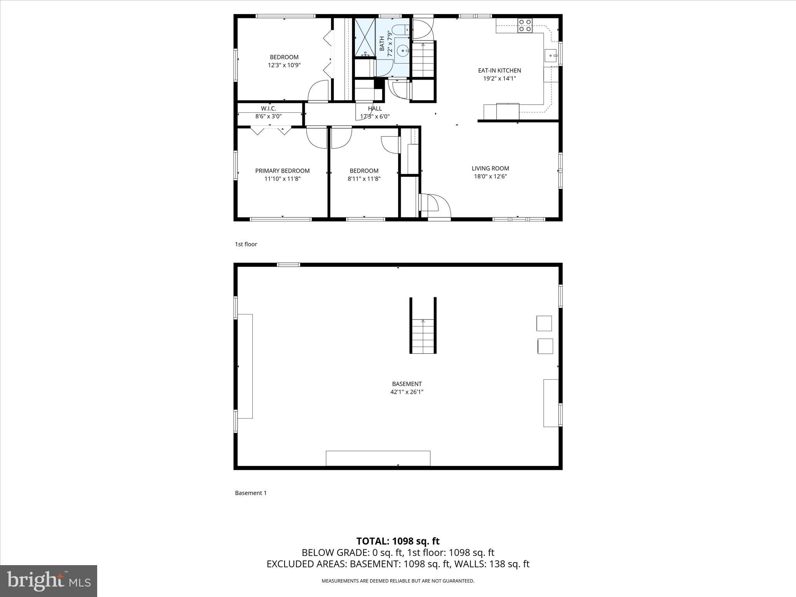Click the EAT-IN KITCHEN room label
pyautogui.click(x=499, y=70)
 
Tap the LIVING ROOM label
pyautogui.click(x=490, y=168)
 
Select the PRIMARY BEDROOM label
pyautogui.click(x=282, y=171)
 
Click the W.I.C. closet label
pyautogui.click(x=269, y=108)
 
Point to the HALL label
pyautogui.click(x=375, y=108)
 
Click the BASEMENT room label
pyautogui.click(x=407, y=384)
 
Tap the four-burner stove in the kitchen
pyautogui.click(x=525, y=26)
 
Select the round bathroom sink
pyautogui.click(x=402, y=50)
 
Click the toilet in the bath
pyautogui.click(x=400, y=30)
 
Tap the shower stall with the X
pyautogui.click(x=365, y=37)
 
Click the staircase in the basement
pyautogui.click(x=423, y=334)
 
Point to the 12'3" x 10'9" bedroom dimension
pyautogui.click(x=284, y=65)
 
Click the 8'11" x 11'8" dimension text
pyautogui.click(x=364, y=179)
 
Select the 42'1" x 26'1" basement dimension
pyautogui.click(x=407, y=392)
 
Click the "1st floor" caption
pyautogui.click(x=246, y=244)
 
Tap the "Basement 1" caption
pyautogui.click(x=251, y=493)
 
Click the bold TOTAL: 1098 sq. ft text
pyautogui.click(x=398, y=541)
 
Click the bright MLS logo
pyautogui.click(x=49, y=581)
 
